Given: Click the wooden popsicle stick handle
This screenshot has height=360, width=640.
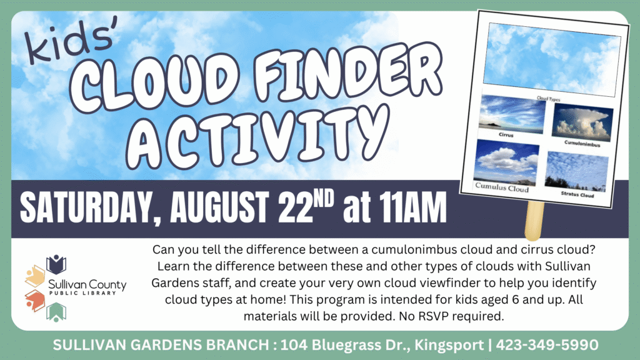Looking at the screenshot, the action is click(x=534, y=221).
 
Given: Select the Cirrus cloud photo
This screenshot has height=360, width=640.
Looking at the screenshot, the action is click(x=512, y=114).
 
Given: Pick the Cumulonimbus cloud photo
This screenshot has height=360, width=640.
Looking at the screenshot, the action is click(x=582, y=122).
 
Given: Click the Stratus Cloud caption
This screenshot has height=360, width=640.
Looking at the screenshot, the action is click(x=577, y=195).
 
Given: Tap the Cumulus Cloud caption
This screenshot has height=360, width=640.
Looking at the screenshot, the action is click(x=502, y=187).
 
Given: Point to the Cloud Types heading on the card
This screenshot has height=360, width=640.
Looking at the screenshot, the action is click(x=548, y=99).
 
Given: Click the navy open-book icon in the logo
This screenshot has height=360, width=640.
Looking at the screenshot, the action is click(x=56, y=264).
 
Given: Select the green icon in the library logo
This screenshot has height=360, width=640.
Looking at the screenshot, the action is click(x=56, y=312).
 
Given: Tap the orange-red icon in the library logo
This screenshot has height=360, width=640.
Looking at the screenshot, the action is click(x=35, y=301).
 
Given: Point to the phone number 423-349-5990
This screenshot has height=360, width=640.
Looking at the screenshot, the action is click(x=547, y=345).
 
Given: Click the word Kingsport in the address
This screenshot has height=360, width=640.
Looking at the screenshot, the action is click(x=449, y=345).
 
